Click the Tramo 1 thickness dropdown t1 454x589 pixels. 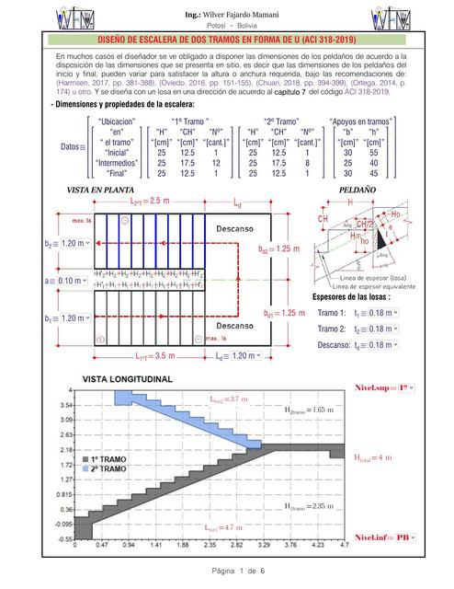379,313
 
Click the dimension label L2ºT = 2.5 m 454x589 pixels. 151,201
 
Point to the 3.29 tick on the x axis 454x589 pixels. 266,543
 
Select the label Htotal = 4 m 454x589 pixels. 372,456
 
